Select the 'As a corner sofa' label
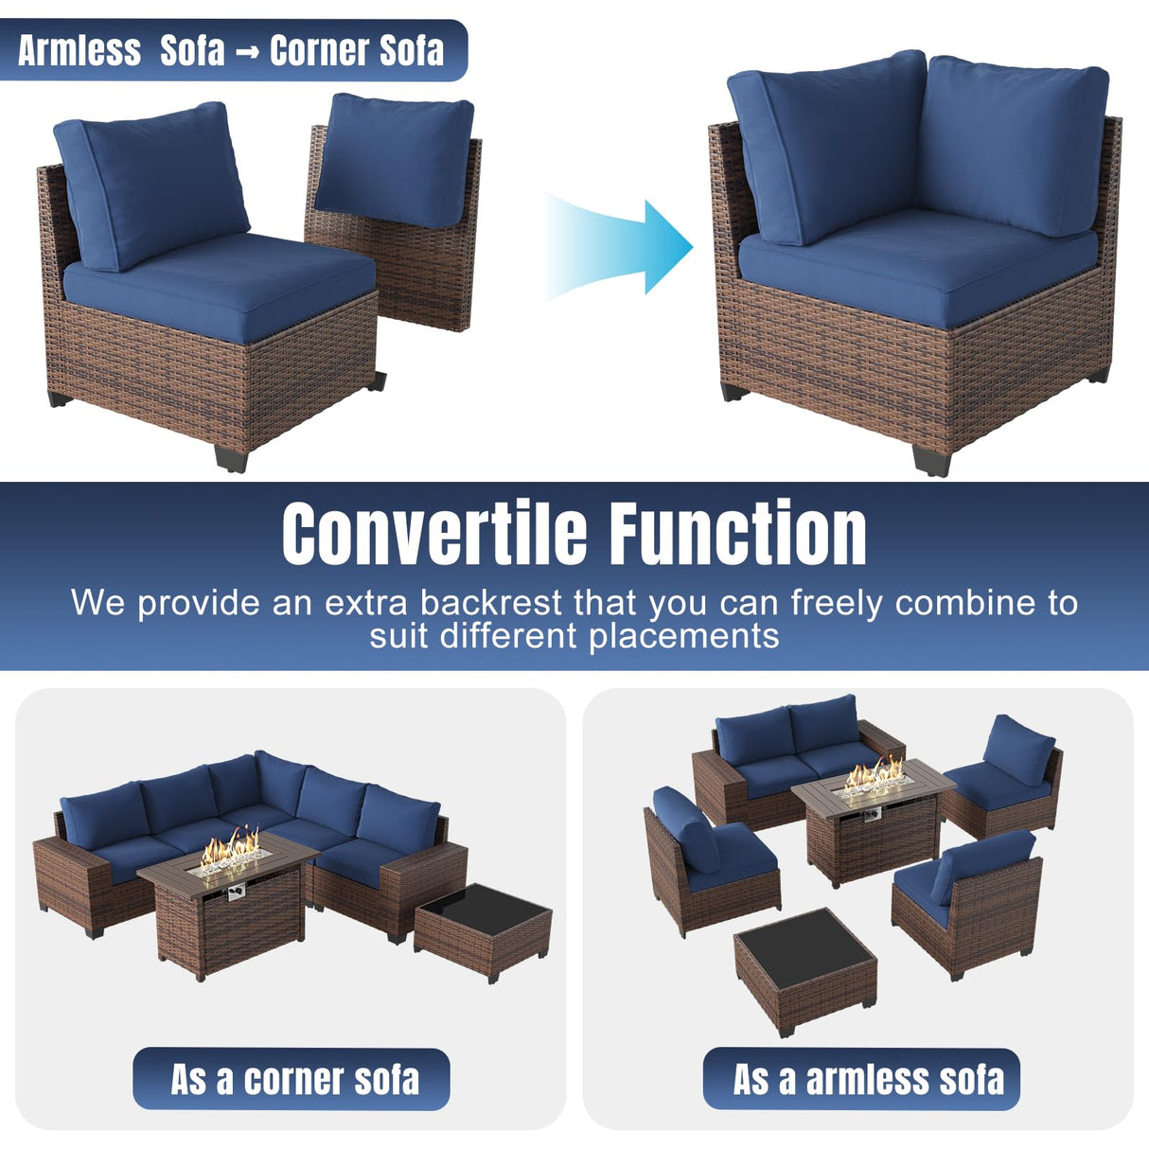coord(292,1079)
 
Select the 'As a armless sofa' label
coord(861,1079)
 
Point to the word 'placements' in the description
coord(683,636)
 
